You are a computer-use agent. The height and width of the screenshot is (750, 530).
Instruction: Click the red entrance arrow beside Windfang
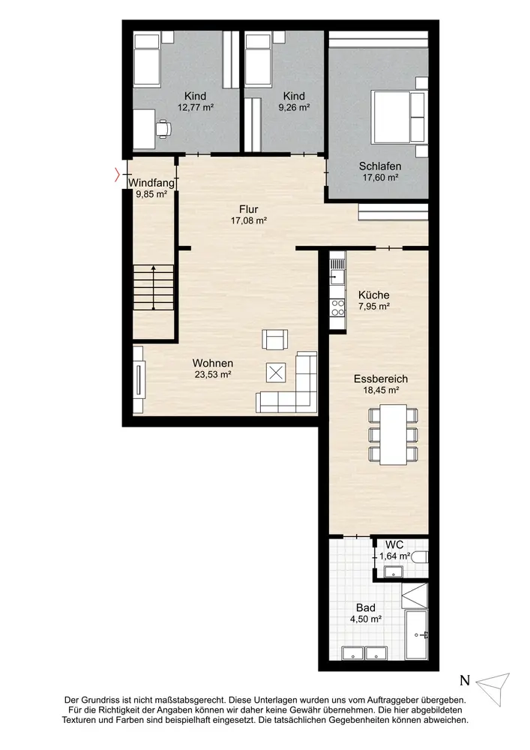(x=117, y=175)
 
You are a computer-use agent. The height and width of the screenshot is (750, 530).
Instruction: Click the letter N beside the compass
(x=465, y=680)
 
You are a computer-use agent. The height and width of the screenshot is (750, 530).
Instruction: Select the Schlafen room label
(x=380, y=166)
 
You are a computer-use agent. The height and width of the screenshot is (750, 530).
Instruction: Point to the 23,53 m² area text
(x=213, y=374)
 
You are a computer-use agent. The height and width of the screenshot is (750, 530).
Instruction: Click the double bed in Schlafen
(x=398, y=117)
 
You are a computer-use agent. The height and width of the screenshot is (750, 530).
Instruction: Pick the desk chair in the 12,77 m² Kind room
(x=163, y=128)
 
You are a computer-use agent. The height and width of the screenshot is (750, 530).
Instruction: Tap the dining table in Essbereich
(x=394, y=435)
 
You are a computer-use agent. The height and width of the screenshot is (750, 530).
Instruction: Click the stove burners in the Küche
(x=338, y=307)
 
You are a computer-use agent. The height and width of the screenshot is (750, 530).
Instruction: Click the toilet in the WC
(x=420, y=556)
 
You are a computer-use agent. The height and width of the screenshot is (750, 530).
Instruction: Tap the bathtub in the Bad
(x=416, y=634)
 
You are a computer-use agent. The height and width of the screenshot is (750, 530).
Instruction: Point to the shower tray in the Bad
(x=415, y=595)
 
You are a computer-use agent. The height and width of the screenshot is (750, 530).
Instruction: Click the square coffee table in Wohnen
(x=276, y=373)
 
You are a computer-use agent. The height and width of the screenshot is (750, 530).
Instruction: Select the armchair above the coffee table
(x=275, y=339)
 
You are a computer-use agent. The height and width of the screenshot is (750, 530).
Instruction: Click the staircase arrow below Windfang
(x=153, y=287)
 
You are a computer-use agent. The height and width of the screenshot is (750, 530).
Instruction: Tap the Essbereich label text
(x=381, y=379)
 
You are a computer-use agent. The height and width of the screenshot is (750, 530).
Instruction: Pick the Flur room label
(x=249, y=209)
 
